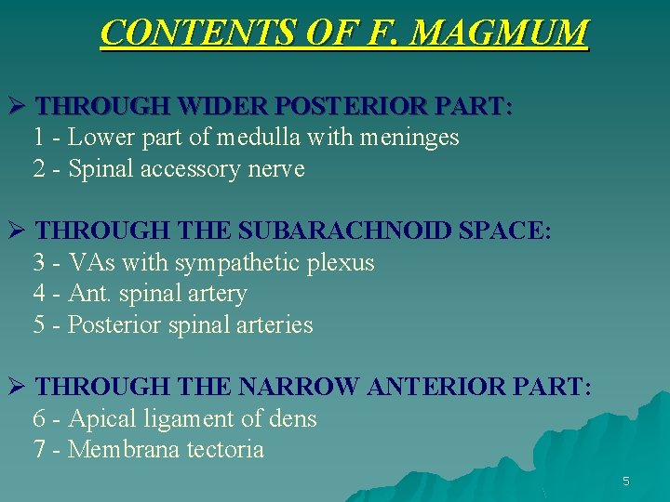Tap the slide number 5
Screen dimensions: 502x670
(626, 482)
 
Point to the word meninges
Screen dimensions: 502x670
(410, 138)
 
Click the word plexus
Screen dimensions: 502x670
(341, 264)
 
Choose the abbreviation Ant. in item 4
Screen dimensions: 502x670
(90, 295)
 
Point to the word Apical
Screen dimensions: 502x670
(101, 419)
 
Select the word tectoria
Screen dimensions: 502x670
(226, 450)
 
